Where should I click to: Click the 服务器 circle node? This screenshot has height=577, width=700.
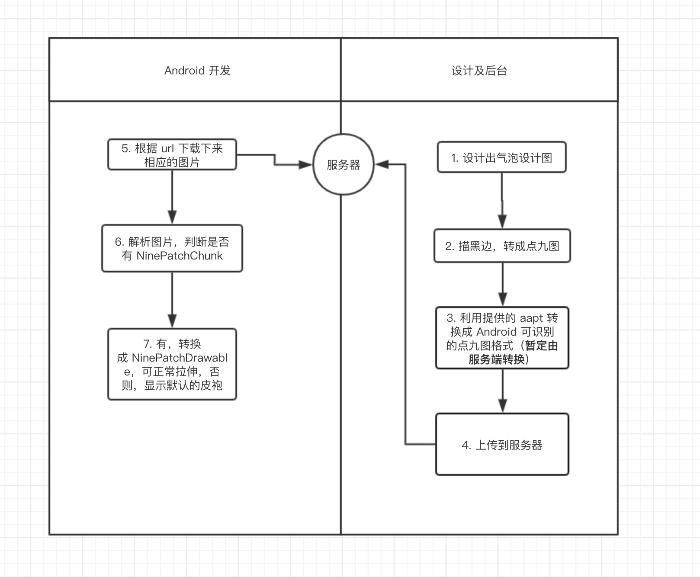343,165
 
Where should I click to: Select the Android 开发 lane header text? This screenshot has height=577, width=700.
197,71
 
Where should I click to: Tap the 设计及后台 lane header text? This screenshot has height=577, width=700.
479,71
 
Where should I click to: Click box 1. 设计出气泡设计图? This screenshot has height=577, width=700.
501,158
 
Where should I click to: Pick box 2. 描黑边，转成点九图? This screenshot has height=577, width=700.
502,246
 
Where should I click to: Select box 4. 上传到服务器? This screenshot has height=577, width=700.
502,445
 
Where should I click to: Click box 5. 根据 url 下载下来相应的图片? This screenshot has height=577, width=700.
172,155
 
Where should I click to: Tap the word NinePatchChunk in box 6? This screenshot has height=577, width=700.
180,256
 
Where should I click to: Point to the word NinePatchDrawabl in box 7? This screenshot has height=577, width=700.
180,358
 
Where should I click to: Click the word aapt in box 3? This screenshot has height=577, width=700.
531,318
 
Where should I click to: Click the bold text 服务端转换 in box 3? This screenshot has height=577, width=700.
496,359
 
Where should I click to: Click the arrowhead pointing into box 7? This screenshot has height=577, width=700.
172,321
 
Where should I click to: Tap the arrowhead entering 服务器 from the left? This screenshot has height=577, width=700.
305,165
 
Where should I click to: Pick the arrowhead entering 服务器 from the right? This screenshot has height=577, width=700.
382,164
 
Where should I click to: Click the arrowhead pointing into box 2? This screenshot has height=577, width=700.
502,221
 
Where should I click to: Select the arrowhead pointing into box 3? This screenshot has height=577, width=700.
502,299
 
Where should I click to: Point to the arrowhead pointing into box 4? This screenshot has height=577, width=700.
502,405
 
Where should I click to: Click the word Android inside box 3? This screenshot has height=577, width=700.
496,332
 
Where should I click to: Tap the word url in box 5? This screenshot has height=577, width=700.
167,148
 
